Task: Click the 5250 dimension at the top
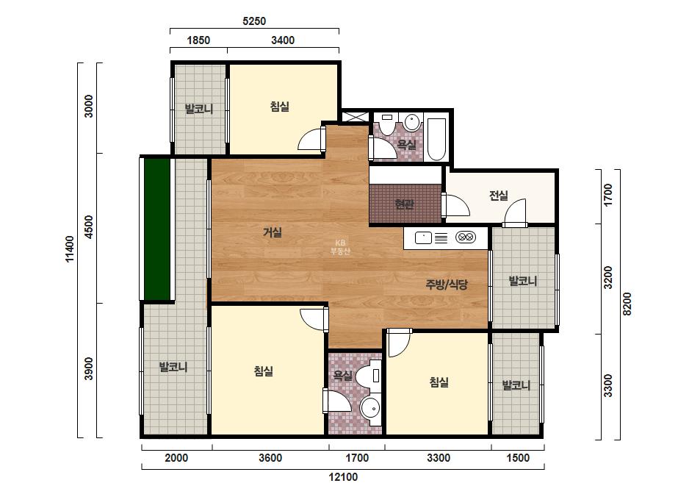click(x=254, y=21)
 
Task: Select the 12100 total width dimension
click(x=343, y=477)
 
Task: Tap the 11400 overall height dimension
click(x=69, y=249)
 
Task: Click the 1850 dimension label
click(x=198, y=40)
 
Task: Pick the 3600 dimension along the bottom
click(x=270, y=457)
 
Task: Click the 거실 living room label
click(x=273, y=232)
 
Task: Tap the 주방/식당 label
click(x=447, y=285)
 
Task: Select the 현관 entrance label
click(x=404, y=204)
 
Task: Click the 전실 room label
click(x=499, y=196)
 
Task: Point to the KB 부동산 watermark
click(x=340, y=247)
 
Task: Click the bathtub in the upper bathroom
click(x=437, y=140)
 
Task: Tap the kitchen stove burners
click(x=466, y=237)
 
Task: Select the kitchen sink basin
click(x=423, y=237)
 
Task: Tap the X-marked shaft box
click(x=356, y=117)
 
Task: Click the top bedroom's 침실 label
click(x=279, y=106)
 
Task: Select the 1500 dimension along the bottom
click(x=518, y=457)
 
